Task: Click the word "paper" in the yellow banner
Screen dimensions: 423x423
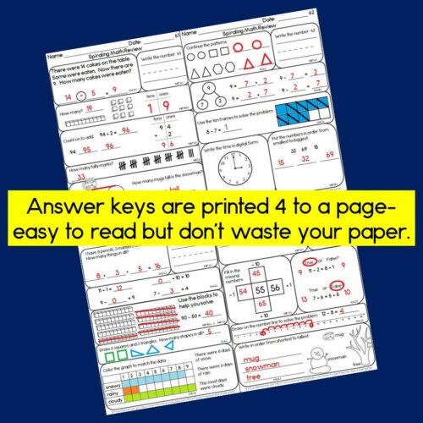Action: (346, 232)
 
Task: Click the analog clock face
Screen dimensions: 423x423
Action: (233, 168)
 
